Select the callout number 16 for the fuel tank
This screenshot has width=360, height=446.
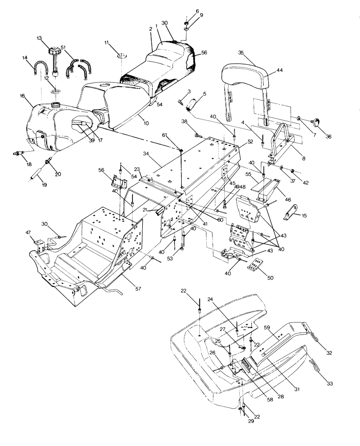(x=22, y=96)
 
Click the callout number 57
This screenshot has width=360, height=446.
(x=138, y=289)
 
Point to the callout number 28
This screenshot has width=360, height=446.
(x=280, y=397)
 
